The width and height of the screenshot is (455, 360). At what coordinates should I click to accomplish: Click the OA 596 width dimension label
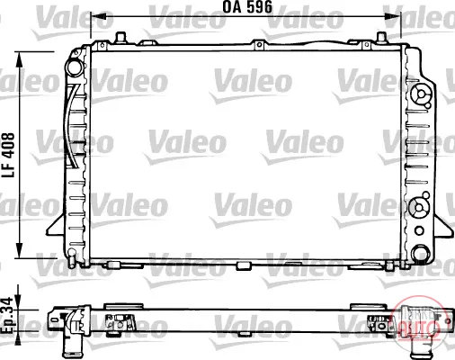click(247, 7)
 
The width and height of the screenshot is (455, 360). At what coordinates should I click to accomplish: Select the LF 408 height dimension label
click(8, 155)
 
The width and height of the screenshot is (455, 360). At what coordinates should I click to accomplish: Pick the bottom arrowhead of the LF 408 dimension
click(19, 249)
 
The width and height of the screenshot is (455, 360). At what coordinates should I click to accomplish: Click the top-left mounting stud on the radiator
click(120, 37)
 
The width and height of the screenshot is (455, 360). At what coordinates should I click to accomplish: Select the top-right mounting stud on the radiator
click(381, 38)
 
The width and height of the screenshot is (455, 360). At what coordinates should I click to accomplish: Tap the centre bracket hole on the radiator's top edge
click(259, 45)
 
